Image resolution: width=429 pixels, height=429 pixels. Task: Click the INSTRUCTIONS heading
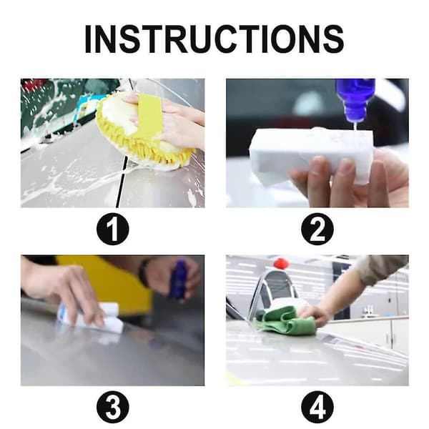[x=214, y=39]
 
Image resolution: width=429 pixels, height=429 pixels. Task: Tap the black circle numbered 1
[x=112, y=229]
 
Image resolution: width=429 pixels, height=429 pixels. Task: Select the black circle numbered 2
[x=317, y=229]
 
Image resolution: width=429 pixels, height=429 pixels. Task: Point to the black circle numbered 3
[x=112, y=407]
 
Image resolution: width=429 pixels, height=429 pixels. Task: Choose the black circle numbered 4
[x=317, y=407]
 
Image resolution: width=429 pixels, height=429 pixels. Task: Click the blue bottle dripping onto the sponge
[x=355, y=99]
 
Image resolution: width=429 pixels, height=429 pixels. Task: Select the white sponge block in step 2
[x=309, y=156]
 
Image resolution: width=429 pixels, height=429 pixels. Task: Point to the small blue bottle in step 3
[x=179, y=279]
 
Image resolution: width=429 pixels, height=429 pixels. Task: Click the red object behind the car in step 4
[x=281, y=263]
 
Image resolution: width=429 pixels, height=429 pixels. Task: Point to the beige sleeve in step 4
[x=383, y=268]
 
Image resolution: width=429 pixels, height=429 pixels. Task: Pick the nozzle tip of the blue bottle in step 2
[x=355, y=120]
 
